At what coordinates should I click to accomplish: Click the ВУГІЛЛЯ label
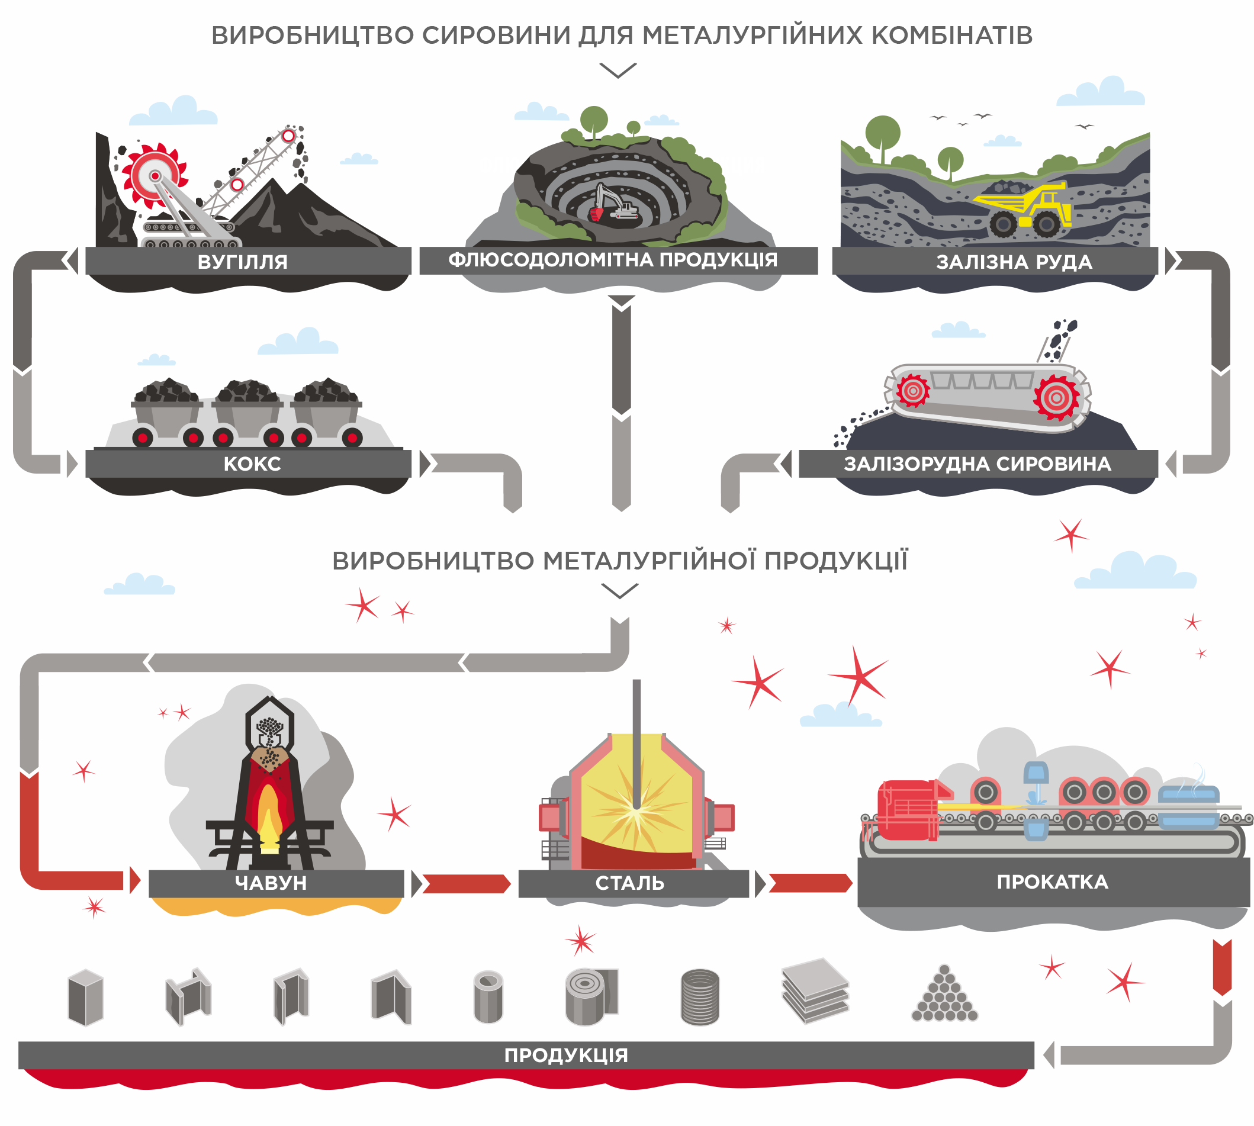click(242, 262)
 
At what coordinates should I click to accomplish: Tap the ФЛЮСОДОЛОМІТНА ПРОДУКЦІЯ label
click(612, 260)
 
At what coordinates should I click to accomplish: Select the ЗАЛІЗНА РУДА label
click(1014, 262)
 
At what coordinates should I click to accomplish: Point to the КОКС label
click(252, 464)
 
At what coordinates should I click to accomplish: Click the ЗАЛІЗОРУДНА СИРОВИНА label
click(977, 464)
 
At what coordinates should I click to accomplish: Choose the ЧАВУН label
click(271, 882)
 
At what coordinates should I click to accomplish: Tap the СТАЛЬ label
click(629, 883)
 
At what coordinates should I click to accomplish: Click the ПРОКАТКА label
click(1052, 882)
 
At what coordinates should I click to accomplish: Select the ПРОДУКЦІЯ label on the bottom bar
click(565, 1055)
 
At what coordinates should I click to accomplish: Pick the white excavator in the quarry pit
click(615, 202)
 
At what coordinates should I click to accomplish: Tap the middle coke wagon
click(247, 411)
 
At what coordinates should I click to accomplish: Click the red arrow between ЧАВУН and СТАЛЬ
click(465, 883)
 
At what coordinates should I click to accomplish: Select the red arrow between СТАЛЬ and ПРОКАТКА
click(809, 883)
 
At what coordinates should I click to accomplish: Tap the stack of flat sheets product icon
click(815, 990)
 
